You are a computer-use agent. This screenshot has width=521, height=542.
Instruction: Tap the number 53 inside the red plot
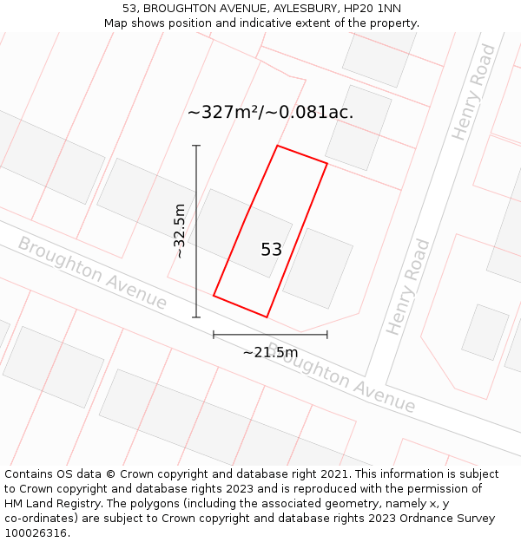(271, 250)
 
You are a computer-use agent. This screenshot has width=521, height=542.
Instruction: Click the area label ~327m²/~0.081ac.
(270, 113)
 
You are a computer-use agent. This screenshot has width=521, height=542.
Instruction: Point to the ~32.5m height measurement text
(179, 231)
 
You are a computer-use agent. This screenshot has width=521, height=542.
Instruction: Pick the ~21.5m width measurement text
(270, 352)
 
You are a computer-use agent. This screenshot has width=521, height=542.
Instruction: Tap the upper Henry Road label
(474, 92)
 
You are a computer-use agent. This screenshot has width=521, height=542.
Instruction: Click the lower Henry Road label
(408, 287)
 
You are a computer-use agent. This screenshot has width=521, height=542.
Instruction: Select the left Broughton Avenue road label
(92, 273)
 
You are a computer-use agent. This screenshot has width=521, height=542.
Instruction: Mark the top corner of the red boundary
(277, 146)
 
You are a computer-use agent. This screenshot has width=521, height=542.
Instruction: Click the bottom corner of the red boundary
(267, 317)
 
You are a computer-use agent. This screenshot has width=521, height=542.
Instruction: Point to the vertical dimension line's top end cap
(196, 146)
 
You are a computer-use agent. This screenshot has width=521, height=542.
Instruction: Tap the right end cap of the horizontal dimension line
(327, 334)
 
